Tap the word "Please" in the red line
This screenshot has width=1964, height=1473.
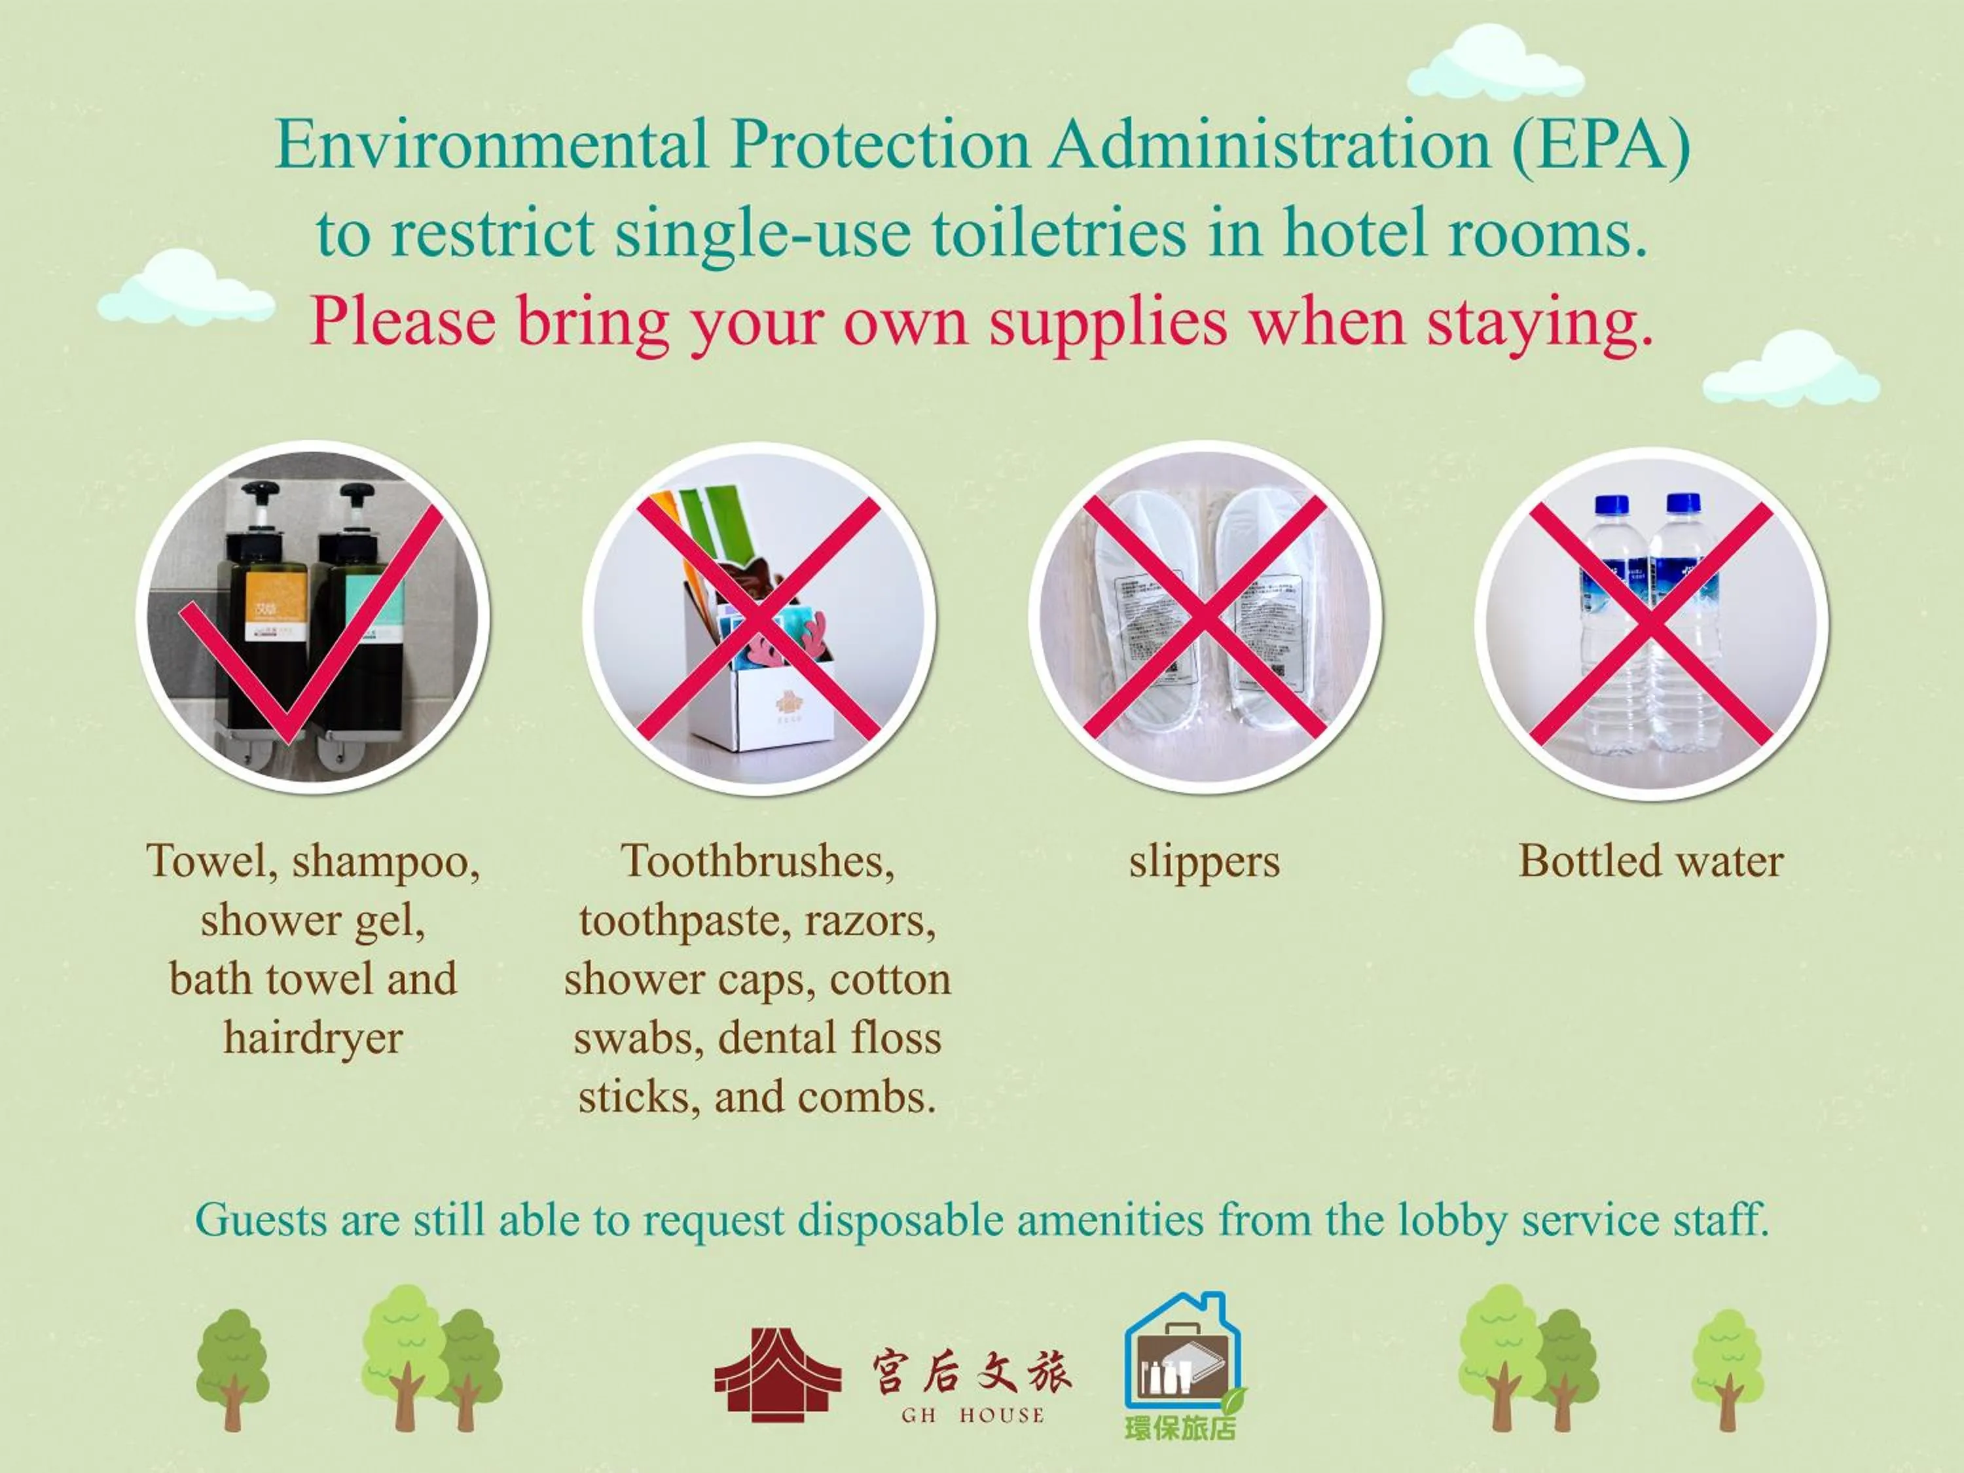(402, 321)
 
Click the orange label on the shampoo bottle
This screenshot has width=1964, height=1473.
(274, 606)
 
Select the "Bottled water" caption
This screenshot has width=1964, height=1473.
(1650, 862)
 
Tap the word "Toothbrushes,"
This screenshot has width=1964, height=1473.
(757, 862)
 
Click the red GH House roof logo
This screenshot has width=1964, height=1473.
(778, 1374)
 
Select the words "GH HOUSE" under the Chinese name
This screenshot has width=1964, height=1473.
(972, 1415)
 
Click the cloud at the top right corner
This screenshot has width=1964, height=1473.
(1495, 64)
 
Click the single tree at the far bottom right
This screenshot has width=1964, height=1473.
(1727, 1368)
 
